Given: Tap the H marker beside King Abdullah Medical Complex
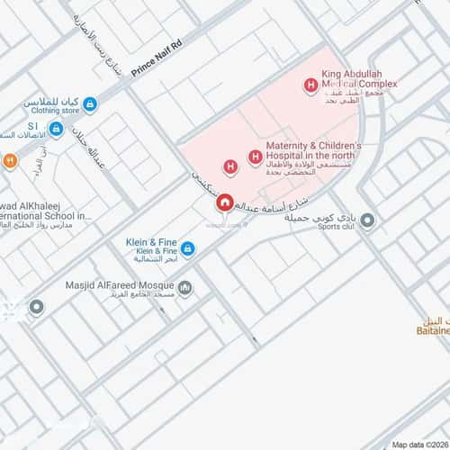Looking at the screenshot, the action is (310, 86).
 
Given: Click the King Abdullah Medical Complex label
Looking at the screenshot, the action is (357, 80).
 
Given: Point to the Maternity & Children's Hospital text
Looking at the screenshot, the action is (312, 150).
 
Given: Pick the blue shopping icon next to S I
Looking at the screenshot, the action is (56, 130).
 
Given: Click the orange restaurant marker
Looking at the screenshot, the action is (10, 161).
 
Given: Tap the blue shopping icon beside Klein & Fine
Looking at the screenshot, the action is (187, 247).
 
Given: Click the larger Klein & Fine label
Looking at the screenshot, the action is (150, 242).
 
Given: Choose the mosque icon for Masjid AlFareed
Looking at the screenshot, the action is (184, 288).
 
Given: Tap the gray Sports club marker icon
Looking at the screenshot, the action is (366, 220).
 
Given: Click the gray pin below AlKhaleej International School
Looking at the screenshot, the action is (36, 308).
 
